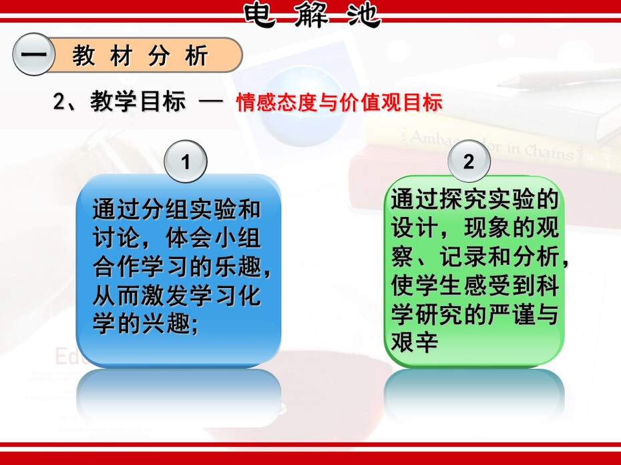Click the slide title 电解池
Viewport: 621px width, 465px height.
coord(312,15)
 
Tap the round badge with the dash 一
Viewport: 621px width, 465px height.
coord(33,54)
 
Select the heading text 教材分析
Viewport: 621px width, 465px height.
coord(140,55)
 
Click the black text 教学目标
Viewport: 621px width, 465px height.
coord(138,101)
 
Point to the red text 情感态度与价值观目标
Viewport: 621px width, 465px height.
coord(339,102)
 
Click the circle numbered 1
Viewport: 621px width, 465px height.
coord(186,161)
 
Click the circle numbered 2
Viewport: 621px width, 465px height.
coord(469,161)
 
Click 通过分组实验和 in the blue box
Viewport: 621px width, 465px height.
coord(177,209)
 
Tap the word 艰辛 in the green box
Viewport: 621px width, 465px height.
coord(415,342)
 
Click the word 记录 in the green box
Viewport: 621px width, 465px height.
coord(463,256)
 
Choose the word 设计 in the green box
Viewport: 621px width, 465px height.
coord(415,227)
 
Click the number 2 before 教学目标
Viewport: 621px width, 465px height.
coord(59,101)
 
